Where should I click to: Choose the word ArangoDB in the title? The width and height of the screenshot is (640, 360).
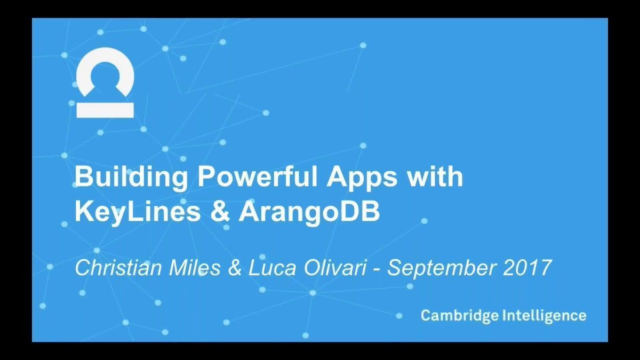click(310, 212)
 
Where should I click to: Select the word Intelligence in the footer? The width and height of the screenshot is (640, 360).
click(544, 315)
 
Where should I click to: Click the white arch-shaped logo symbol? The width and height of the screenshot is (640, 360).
click(105, 72)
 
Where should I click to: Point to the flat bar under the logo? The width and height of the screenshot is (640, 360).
click(105, 110)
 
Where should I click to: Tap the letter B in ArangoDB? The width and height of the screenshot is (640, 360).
click(370, 212)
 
